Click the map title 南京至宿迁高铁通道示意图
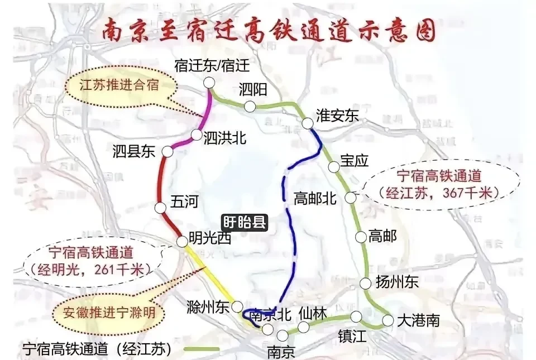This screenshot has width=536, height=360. point(268,32)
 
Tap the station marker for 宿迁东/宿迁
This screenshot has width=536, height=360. point(209,83)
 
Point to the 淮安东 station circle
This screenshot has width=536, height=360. point(307,123)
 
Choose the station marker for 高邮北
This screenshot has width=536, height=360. point(350,197)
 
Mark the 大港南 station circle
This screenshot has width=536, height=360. point(388,320)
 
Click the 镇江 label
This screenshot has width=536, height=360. point(353,337)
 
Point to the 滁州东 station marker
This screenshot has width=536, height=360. point(237,306)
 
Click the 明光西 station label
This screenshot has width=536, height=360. point(209,239)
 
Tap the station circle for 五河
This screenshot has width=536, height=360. point(161,208)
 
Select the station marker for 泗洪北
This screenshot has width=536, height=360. point(197,135)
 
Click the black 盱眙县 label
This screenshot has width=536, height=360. point(245,223)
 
